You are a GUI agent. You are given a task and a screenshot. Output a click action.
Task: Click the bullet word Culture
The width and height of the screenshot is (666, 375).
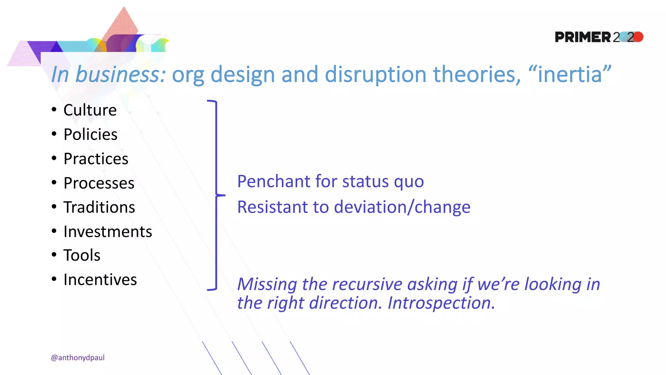[90, 110]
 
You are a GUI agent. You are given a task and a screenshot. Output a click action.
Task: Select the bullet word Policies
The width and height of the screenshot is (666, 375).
[90, 134]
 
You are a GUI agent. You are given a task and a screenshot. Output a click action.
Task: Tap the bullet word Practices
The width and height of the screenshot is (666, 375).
[96, 159]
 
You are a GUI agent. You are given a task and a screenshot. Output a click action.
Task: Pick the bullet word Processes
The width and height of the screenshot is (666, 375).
[99, 183]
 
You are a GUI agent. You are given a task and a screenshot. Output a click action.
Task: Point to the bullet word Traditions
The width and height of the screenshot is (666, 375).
[99, 207]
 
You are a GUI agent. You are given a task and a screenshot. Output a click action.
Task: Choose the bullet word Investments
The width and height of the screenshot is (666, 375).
[108, 232]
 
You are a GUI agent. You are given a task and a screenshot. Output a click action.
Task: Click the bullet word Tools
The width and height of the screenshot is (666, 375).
[82, 255]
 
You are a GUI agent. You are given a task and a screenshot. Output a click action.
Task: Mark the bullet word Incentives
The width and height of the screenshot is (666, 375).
[100, 280]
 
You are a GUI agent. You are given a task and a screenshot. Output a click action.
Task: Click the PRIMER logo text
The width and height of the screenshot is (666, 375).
[583, 37]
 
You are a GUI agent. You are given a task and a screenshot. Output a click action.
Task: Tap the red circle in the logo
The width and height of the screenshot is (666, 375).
[638, 37]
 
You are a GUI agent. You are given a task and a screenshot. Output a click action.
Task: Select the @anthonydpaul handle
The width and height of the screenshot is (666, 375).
[78, 357]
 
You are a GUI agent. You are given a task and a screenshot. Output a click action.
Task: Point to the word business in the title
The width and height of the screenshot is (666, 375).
[120, 74]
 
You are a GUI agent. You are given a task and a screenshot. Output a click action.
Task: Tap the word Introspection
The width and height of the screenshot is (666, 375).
[441, 303]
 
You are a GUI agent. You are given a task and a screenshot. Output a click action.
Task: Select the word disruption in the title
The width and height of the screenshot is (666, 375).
[375, 74]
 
